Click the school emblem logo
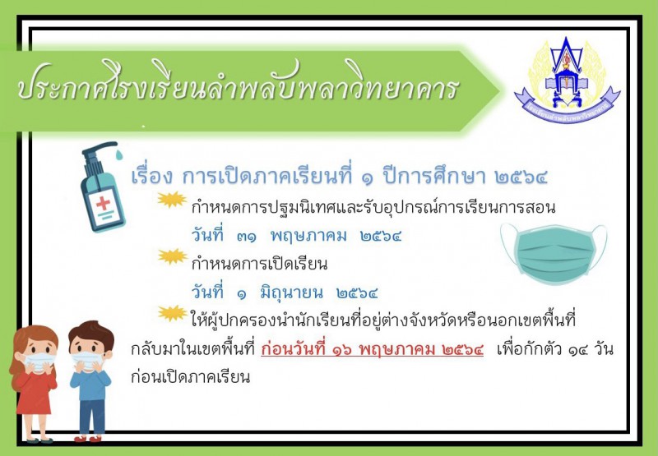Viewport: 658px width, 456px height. pyautogui.click(x=567, y=80)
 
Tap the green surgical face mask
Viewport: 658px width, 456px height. pyautogui.click(x=554, y=253)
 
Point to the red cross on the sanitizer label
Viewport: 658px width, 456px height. pyautogui.click(x=103, y=203)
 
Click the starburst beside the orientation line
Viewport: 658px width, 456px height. pyautogui.click(x=172, y=200)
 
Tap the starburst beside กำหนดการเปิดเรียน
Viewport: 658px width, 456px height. pyautogui.click(x=173, y=256)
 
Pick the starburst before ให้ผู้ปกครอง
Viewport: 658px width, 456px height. pyautogui.click(x=173, y=313)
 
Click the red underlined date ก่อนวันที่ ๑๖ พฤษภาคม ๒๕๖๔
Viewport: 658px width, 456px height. pyautogui.click(x=372, y=349)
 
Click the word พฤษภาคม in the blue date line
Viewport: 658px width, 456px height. pyautogui.click(x=308, y=237)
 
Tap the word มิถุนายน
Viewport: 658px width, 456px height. pyautogui.click(x=292, y=292)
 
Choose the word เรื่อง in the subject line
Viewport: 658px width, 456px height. pyautogui.click(x=151, y=176)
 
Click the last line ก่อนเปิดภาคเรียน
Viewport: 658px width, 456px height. pyautogui.click(x=191, y=377)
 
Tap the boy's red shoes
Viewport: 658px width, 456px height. pyautogui.click(x=88, y=439)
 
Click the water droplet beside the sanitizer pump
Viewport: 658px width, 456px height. pyautogui.click(x=119, y=154)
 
